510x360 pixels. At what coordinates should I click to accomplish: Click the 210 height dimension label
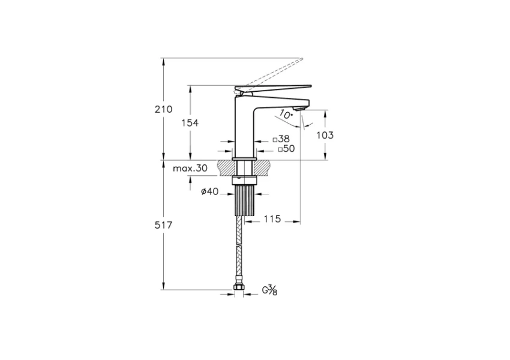click(163, 109)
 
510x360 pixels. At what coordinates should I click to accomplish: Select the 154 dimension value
click(190, 123)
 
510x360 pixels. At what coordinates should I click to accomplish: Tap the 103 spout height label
click(325, 135)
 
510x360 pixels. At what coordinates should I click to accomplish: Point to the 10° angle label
click(286, 115)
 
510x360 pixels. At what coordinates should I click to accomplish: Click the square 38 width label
click(281, 139)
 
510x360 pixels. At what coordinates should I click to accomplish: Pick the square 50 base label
click(287, 149)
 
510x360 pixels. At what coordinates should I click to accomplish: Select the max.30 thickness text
click(190, 168)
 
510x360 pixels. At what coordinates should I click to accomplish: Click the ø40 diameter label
click(210, 191)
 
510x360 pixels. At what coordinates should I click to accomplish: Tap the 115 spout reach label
click(272, 219)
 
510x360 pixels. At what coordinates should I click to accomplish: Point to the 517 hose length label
click(163, 225)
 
